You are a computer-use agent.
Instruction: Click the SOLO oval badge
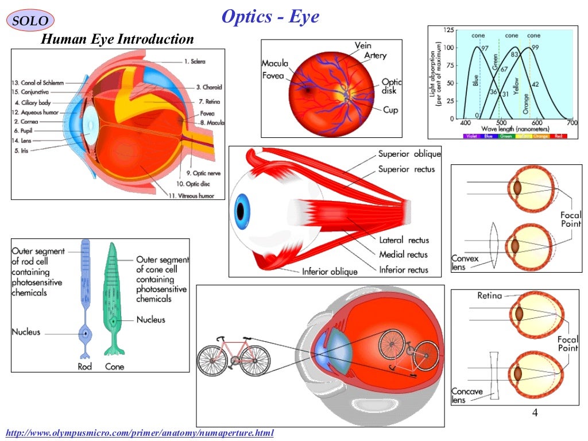click(30, 21)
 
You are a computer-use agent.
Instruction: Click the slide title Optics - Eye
click(270, 17)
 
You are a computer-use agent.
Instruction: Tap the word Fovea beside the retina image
click(273, 75)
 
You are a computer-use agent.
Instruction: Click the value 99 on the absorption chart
click(535, 48)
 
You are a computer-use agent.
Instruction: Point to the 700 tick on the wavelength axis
click(571, 123)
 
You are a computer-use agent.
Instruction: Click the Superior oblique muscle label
click(409, 154)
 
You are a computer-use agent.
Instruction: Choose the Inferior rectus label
click(403, 269)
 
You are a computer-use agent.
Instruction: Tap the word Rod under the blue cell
click(84, 366)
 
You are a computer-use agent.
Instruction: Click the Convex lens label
click(465, 263)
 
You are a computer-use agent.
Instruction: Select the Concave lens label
click(466, 396)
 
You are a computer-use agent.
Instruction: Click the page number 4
click(535, 413)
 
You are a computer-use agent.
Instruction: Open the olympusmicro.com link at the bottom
click(140, 432)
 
